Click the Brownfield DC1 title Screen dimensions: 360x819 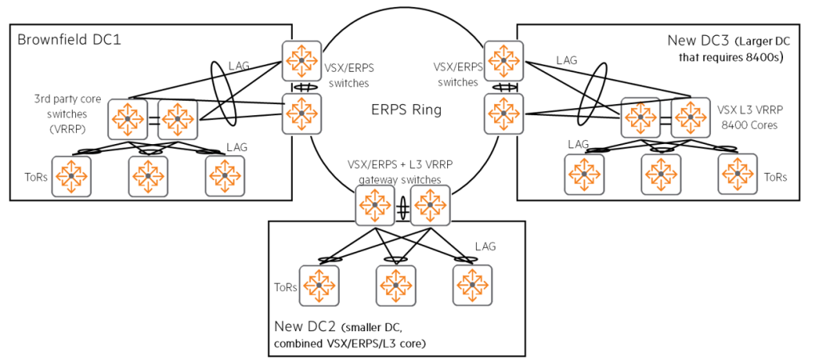[x=67, y=39]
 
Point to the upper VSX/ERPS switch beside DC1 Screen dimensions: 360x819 [x=302, y=62]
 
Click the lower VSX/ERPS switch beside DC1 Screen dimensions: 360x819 [x=302, y=114]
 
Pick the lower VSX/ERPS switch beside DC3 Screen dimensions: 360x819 [x=504, y=114]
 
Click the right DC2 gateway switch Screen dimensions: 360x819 [x=429, y=206]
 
